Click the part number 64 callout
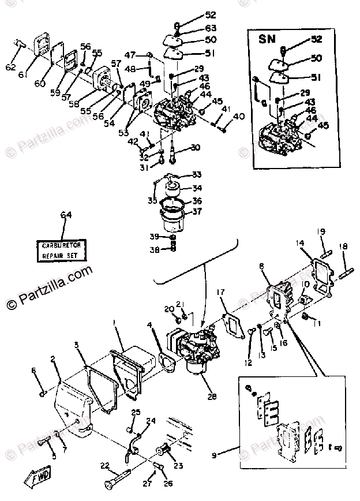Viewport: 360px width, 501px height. [66, 216]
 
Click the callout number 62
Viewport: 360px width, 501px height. [10, 68]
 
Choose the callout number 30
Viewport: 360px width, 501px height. [196, 147]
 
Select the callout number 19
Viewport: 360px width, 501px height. [321, 231]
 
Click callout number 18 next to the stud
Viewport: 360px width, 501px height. [344, 246]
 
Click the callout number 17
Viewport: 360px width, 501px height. [220, 292]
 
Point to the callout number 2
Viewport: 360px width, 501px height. [53, 360]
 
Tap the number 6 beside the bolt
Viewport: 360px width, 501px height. [34, 370]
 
